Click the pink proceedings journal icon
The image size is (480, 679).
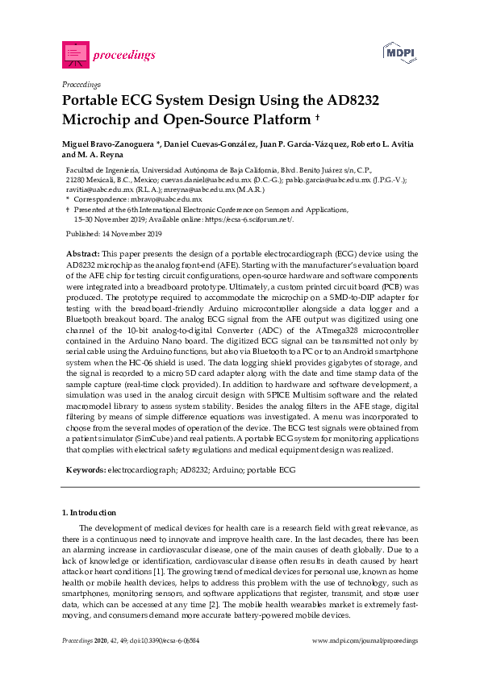(x=75, y=54)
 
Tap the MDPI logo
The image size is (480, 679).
(x=399, y=52)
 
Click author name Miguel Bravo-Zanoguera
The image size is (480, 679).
(x=106, y=144)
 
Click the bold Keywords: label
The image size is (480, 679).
(x=84, y=469)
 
